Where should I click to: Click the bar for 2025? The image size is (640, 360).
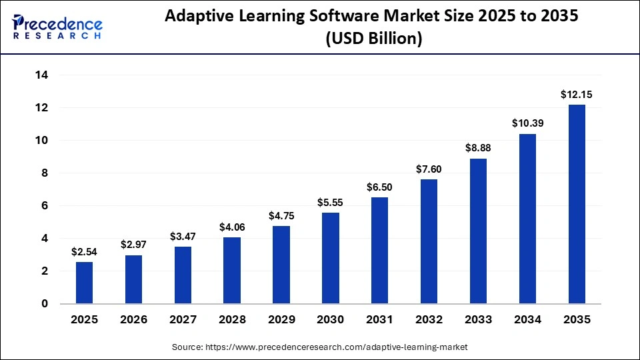[x=84, y=283]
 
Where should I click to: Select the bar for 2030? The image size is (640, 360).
[x=330, y=258]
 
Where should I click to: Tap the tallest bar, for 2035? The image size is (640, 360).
[x=576, y=204]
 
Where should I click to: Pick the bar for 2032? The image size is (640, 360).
[x=429, y=241]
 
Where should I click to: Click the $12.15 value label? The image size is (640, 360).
[x=576, y=95]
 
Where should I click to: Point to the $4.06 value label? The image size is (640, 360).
[x=232, y=227]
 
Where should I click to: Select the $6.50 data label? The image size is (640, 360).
[x=379, y=187]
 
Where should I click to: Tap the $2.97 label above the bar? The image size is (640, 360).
[x=133, y=245]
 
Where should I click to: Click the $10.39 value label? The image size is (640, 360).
[x=527, y=123]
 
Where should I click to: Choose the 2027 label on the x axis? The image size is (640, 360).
[x=183, y=320]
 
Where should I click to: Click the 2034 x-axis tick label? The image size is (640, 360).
[x=527, y=320]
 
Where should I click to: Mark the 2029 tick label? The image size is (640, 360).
[x=281, y=320]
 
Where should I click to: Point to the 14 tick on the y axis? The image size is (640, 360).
[x=42, y=75]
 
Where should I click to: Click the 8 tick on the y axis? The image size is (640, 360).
[x=45, y=173]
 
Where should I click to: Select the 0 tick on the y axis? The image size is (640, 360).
[x=45, y=304]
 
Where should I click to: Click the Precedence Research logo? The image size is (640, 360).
[x=57, y=27]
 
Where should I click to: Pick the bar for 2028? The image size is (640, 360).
[x=232, y=270]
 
